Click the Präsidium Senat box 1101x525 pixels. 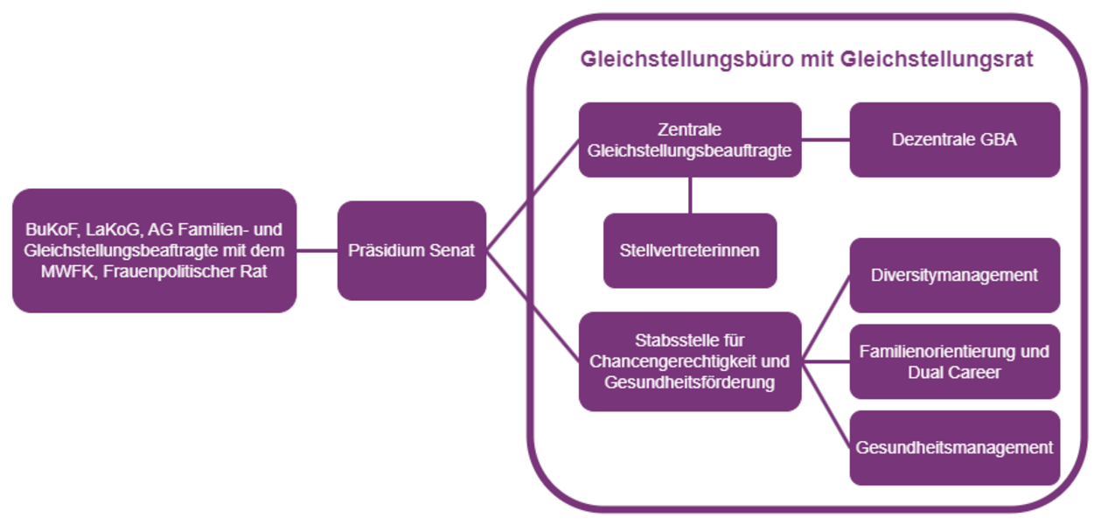point(411,250)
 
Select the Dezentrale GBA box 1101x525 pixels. point(954,139)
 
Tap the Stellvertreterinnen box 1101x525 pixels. point(689,250)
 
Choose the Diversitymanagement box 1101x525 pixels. point(954,275)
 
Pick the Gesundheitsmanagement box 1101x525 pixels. point(954,447)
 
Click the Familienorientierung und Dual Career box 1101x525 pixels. point(954,361)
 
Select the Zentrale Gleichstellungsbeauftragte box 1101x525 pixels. point(689,140)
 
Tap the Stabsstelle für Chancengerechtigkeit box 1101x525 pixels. point(689,361)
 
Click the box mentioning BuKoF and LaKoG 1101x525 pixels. point(154,250)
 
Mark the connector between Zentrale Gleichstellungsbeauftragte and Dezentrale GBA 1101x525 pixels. point(826,139)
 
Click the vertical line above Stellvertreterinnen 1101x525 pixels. point(690,194)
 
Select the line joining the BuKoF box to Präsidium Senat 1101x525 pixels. point(317,250)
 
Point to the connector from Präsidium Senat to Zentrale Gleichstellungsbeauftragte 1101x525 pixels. point(532,195)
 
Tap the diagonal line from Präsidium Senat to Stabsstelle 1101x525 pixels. point(532,304)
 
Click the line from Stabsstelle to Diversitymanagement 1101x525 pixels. point(826,317)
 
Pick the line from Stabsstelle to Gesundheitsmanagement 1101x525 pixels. point(826,404)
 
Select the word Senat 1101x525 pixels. point(451,250)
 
